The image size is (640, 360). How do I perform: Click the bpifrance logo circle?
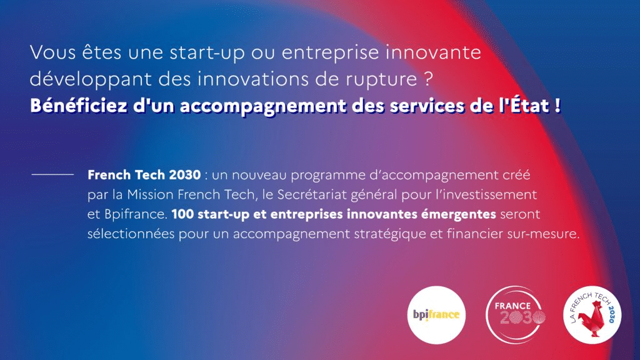click(x=437, y=314)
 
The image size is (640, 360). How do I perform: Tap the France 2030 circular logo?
click(x=516, y=314)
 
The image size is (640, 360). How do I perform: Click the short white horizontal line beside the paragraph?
click(x=52, y=175)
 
